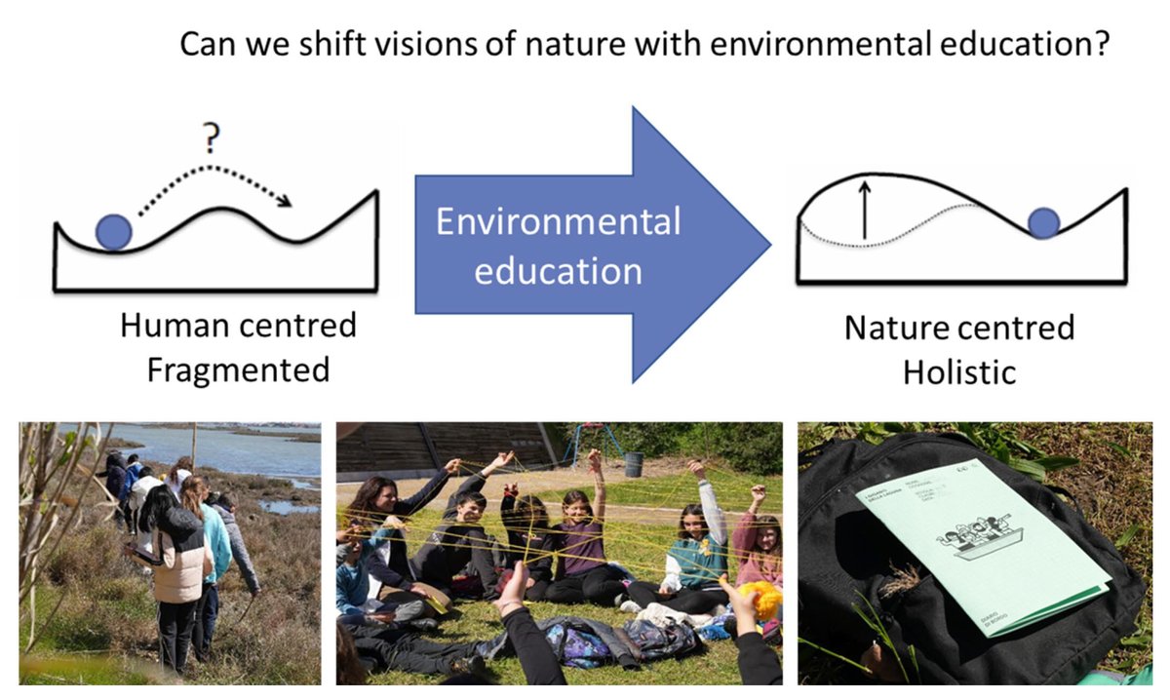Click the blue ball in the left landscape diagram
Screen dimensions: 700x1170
coord(113,231)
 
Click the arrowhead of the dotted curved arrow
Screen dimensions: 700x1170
coord(284,202)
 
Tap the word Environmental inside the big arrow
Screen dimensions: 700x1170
coord(558,222)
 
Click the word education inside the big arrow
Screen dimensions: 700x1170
coord(558,270)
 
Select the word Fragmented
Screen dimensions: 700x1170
coord(238,370)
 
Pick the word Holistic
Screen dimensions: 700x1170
coord(958,372)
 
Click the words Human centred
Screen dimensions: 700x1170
coord(238,325)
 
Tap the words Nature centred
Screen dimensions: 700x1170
coord(958,327)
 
